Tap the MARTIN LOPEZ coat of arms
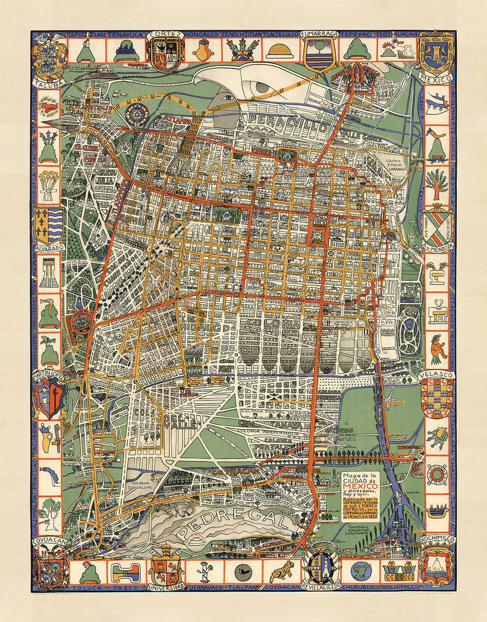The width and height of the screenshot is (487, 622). (x=49, y=398)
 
